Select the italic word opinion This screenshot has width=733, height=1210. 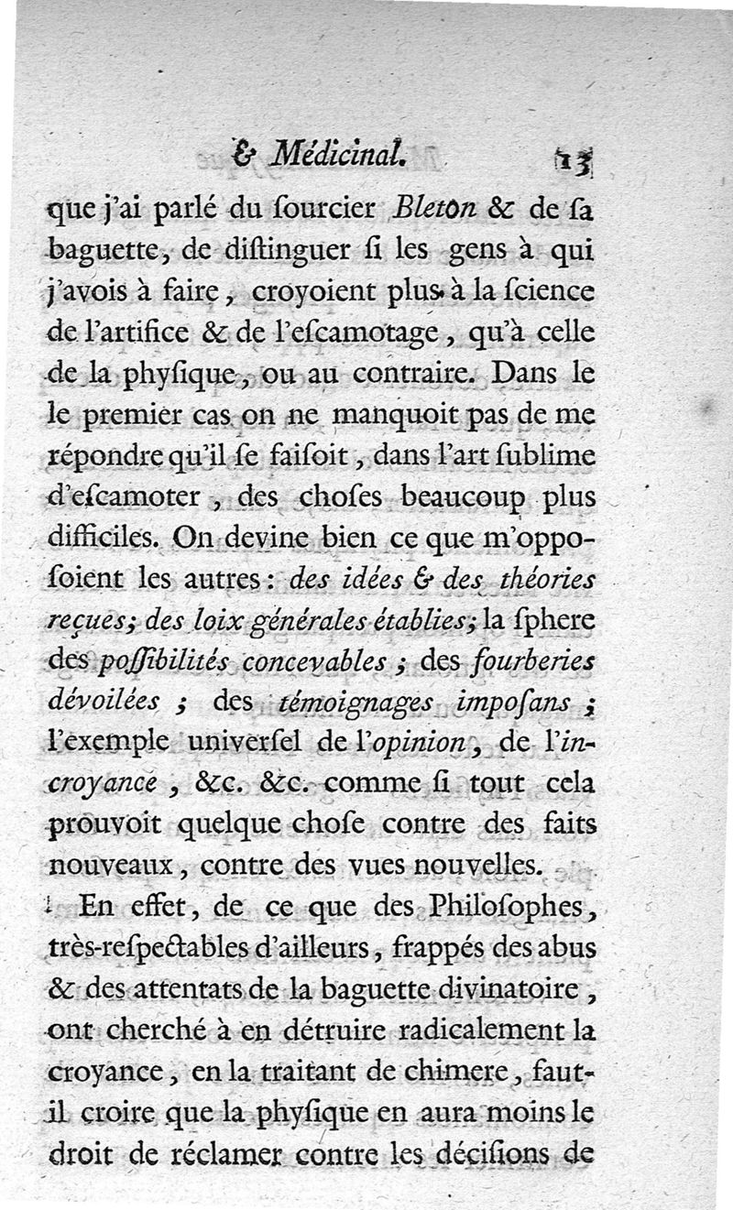point(422,744)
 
